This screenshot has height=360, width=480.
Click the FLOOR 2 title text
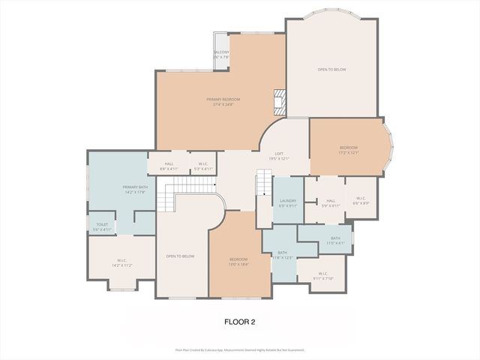coord(240,322)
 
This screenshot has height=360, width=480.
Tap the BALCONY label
coord(220,54)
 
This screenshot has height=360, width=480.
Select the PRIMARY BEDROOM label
coord(223,102)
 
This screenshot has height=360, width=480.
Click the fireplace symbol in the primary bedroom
coord(279,100)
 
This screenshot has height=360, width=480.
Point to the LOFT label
coord(279,156)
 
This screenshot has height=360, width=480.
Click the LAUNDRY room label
coord(288,202)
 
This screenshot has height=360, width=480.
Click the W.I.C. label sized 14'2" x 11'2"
coord(121,263)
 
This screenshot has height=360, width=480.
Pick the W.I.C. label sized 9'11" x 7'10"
coord(322,276)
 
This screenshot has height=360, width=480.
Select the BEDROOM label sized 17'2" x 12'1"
coord(348,150)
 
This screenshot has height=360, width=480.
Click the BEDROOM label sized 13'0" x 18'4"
coord(238,262)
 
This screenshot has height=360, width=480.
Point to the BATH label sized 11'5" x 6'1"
coord(334,240)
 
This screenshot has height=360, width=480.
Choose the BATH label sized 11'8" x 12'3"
coord(283,255)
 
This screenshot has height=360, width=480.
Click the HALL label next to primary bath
coord(169,166)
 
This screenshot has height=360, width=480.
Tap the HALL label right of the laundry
coord(331,202)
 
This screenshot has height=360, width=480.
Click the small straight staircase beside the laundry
coord(262,183)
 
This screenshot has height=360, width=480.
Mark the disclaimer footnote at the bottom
coord(240,349)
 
